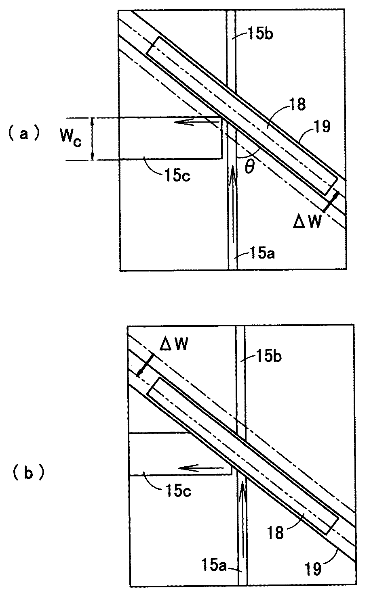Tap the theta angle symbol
(250, 168)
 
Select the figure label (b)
(28, 473)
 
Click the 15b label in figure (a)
(260, 34)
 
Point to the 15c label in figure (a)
(177, 175)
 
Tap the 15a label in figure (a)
(262, 253)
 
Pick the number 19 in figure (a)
(322, 126)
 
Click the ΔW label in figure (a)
(307, 222)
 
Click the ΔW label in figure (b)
(174, 344)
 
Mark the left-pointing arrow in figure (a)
(196, 122)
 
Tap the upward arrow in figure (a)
(233, 204)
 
